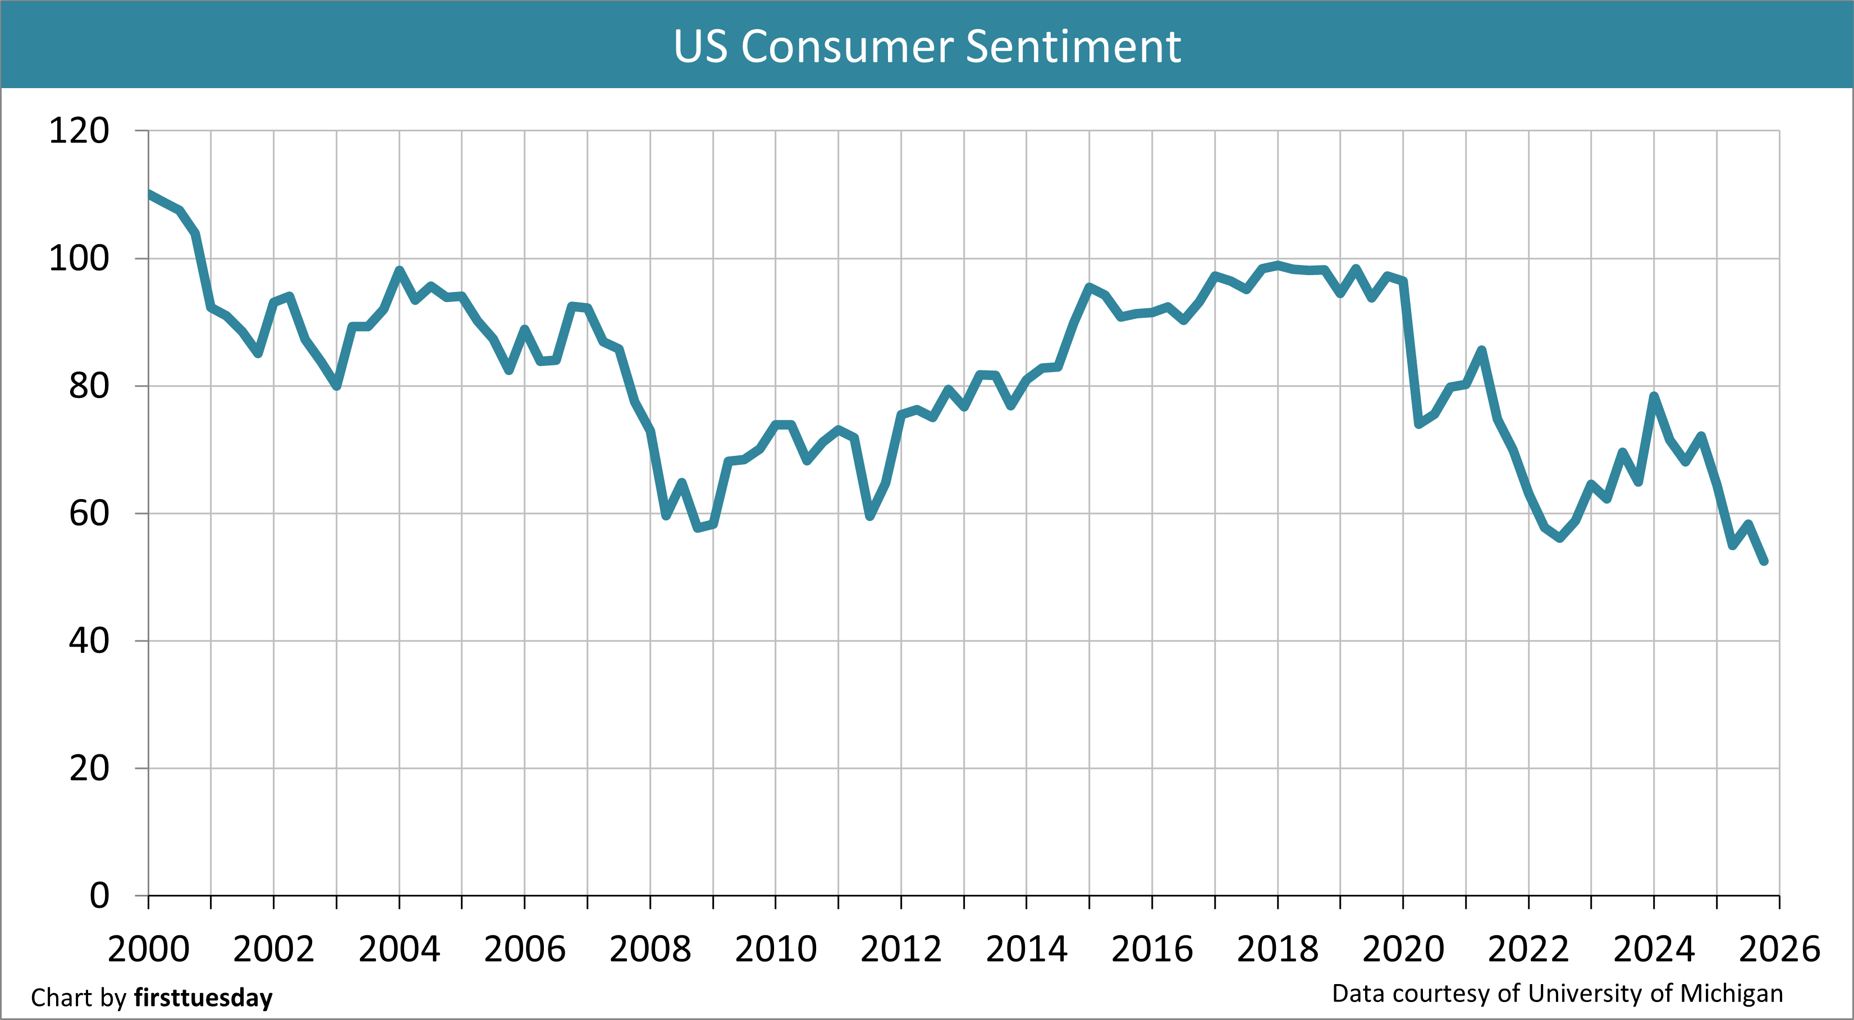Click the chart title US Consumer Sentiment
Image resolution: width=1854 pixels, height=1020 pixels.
coord(927,46)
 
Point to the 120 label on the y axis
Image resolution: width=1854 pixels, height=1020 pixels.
coord(79,131)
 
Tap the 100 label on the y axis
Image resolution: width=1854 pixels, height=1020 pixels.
coord(79,258)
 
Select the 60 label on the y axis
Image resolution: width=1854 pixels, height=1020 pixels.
coord(89,513)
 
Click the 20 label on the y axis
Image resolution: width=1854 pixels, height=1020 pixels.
coord(89,769)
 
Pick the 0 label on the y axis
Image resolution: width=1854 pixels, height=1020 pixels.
coord(99,896)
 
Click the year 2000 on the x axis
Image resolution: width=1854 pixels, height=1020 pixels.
coord(148,949)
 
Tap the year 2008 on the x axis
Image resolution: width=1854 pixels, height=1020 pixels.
coord(650,949)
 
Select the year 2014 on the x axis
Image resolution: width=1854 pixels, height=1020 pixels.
coord(1026,949)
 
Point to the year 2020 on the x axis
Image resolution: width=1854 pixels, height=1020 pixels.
coord(1403,949)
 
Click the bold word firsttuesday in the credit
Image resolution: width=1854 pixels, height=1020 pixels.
coord(203,998)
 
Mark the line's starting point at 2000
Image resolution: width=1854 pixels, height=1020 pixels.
coord(149,194)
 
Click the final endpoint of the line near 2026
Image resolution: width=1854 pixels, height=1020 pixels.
coord(1764,561)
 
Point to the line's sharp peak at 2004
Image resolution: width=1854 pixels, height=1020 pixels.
coord(400,270)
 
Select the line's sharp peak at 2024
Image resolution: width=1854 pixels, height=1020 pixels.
coord(1654,396)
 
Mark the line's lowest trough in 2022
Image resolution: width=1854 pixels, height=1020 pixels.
coord(1560,538)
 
